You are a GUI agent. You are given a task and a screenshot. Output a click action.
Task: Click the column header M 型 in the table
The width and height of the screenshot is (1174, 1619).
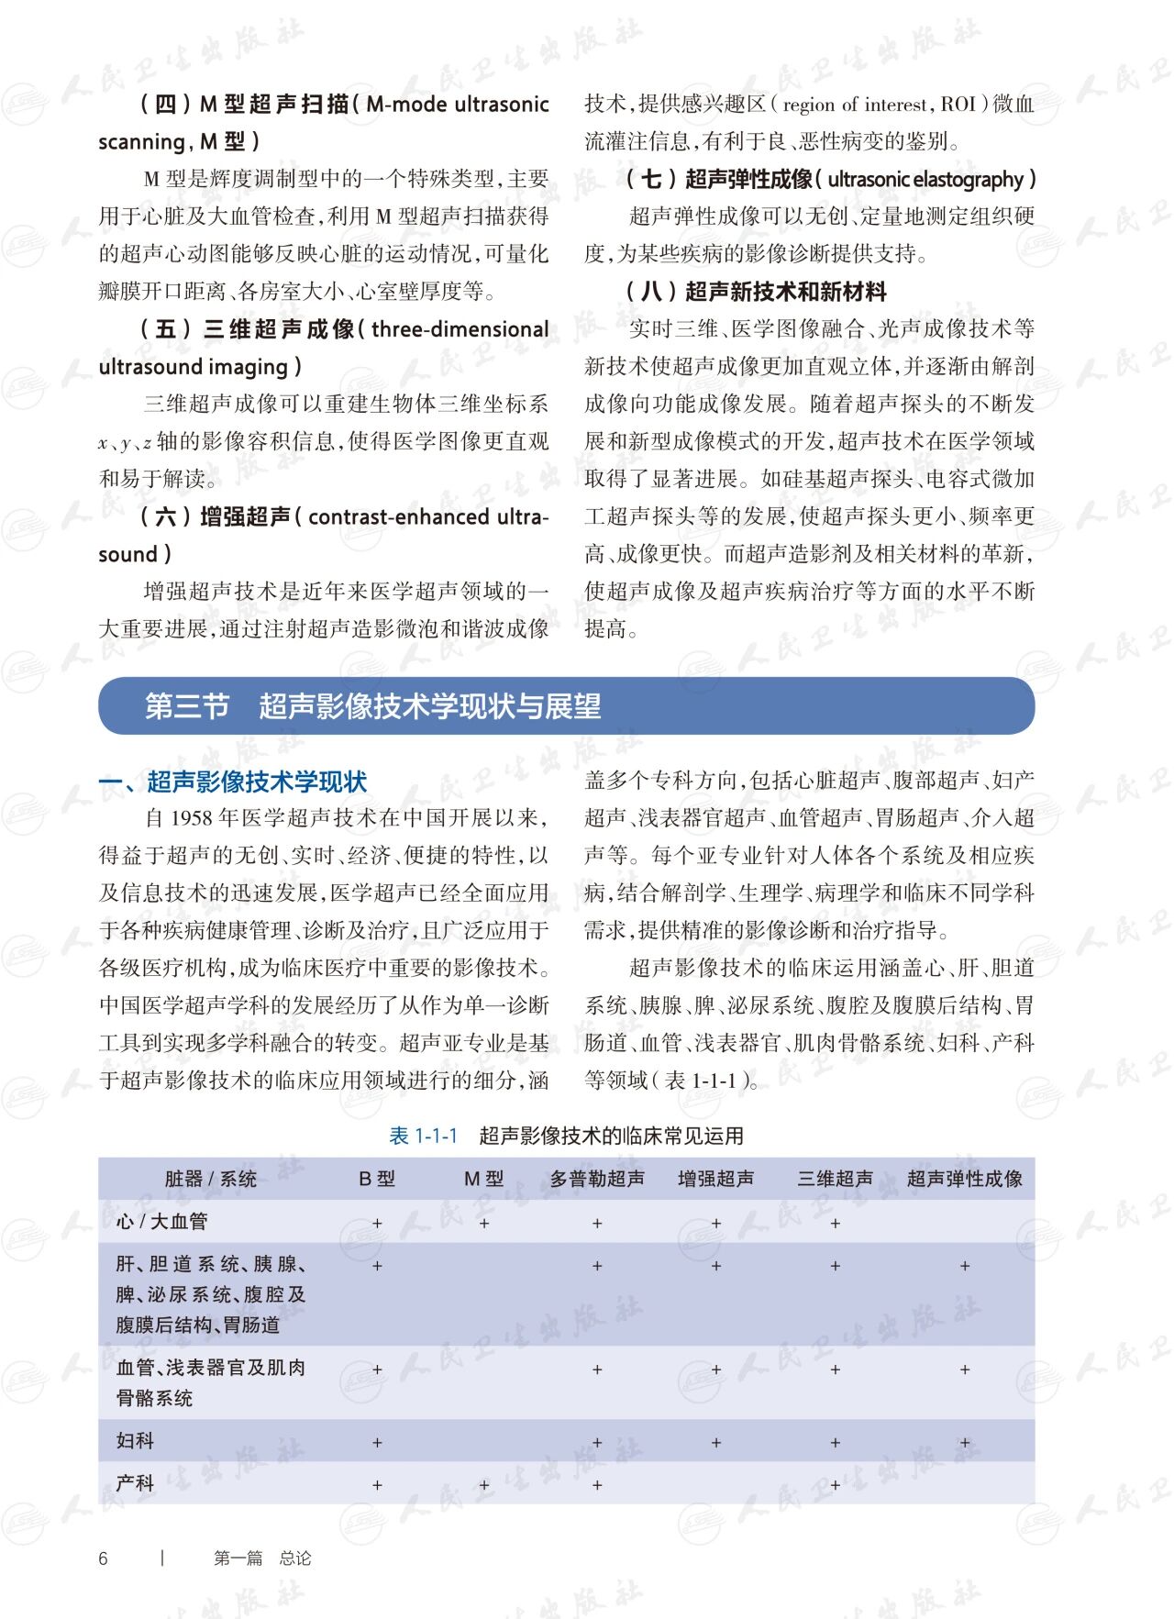483,1179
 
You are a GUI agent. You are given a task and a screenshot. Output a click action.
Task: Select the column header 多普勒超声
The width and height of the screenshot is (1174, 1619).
597,1179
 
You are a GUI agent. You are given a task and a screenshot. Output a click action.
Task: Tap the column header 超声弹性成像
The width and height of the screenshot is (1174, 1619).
964,1179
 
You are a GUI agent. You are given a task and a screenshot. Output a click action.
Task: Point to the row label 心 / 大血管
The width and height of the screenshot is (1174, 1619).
161,1222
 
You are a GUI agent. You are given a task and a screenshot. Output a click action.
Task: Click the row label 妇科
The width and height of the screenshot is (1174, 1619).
135,1441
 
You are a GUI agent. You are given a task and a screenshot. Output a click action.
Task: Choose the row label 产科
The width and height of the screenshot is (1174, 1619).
135,1483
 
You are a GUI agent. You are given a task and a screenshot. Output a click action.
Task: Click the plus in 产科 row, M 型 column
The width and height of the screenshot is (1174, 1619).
484,1485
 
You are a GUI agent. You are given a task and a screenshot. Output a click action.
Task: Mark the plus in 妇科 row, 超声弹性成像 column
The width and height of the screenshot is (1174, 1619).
965,1443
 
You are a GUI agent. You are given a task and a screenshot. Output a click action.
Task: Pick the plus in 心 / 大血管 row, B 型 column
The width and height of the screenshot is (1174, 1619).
377,1224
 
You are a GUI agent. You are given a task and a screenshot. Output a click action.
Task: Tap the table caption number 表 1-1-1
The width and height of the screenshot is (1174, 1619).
423,1136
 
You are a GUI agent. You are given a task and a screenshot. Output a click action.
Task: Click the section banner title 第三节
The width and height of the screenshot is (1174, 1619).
187,706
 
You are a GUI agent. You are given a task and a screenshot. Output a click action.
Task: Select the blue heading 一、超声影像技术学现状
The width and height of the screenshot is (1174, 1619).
233,782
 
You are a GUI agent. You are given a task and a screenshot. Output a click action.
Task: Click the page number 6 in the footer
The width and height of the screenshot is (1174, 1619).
103,1558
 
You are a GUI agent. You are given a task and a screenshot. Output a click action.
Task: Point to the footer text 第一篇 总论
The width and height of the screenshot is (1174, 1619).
262,1558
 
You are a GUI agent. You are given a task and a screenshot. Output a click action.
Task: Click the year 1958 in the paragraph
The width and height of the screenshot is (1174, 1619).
192,818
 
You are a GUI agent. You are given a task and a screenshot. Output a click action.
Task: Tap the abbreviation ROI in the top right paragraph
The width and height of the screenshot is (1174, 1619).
958,105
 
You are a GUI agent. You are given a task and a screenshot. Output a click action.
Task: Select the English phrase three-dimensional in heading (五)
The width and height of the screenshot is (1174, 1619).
460,329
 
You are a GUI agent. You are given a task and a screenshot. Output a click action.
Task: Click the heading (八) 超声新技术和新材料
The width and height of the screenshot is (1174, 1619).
757,292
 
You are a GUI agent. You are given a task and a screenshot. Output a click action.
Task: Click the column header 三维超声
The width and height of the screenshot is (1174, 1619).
835,1179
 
